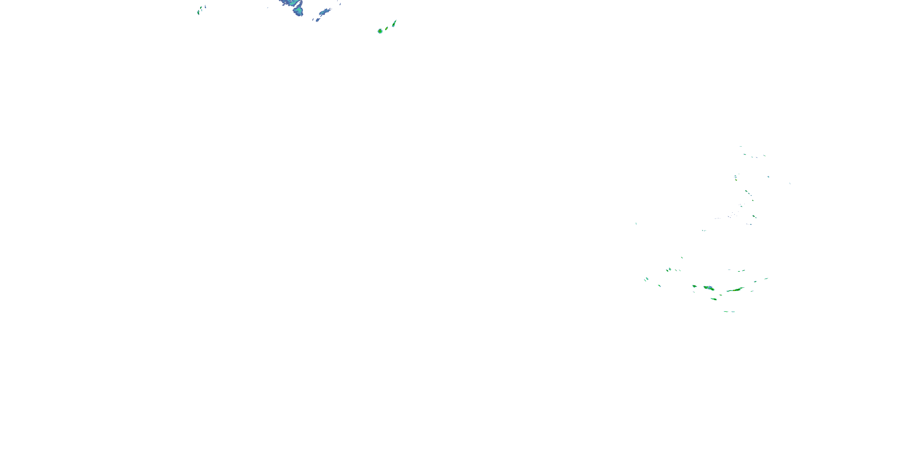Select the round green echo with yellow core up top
[x=380, y=31]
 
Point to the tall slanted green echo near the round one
[x=394, y=24]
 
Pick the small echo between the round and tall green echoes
[x=387, y=28]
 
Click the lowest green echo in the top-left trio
[x=198, y=13]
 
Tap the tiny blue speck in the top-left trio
[x=205, y=6]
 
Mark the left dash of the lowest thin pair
[x=726, y=312]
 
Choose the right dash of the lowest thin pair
[x=733, y=312]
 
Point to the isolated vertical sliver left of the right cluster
[x=636, y=223]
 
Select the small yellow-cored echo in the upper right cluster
[x=736, y=180]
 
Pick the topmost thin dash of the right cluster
[x=741, y=146]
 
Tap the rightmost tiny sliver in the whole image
[x=790, y=183]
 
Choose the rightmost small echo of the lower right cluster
[x=766, y=278]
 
